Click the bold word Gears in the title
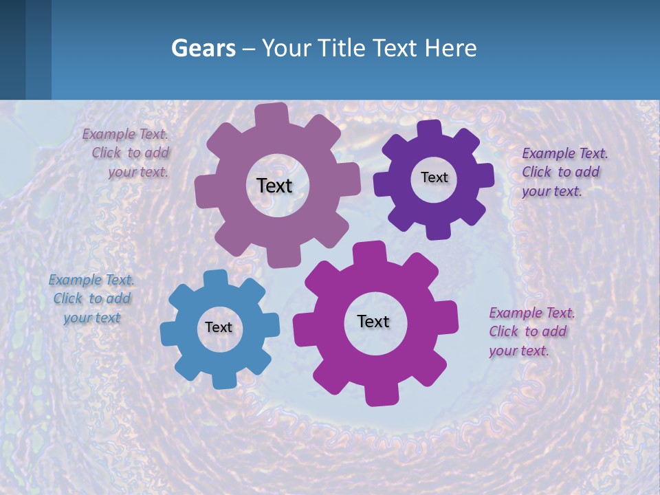(203, 48)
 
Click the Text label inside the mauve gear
(274, 186)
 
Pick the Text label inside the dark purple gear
(434, 177)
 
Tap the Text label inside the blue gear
(219, 327)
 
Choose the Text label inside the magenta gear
(373, 321)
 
